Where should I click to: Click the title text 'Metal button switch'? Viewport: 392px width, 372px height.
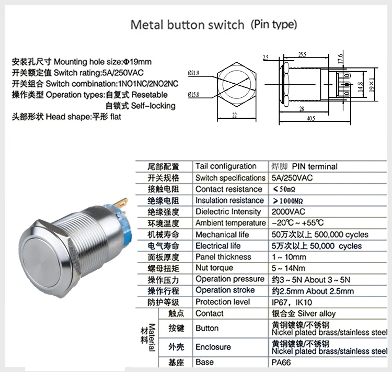(187, 25)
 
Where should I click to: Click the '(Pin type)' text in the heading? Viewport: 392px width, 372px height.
(273, 24)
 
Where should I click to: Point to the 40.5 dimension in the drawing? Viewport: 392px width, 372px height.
(310, 118)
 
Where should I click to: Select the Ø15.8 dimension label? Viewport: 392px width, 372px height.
(193, 95)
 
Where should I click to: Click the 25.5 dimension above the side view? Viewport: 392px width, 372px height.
(302, 54)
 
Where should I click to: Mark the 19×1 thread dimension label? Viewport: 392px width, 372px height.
(372, 84)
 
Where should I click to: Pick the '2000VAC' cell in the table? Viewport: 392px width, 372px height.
(289, 211)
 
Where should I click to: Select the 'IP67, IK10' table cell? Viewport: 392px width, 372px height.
(292, 302)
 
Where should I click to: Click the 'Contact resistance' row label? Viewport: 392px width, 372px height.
(228, 189)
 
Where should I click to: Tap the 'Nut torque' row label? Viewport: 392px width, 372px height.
(214, 268)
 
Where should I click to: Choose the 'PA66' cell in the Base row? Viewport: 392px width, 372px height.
(281, 362)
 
